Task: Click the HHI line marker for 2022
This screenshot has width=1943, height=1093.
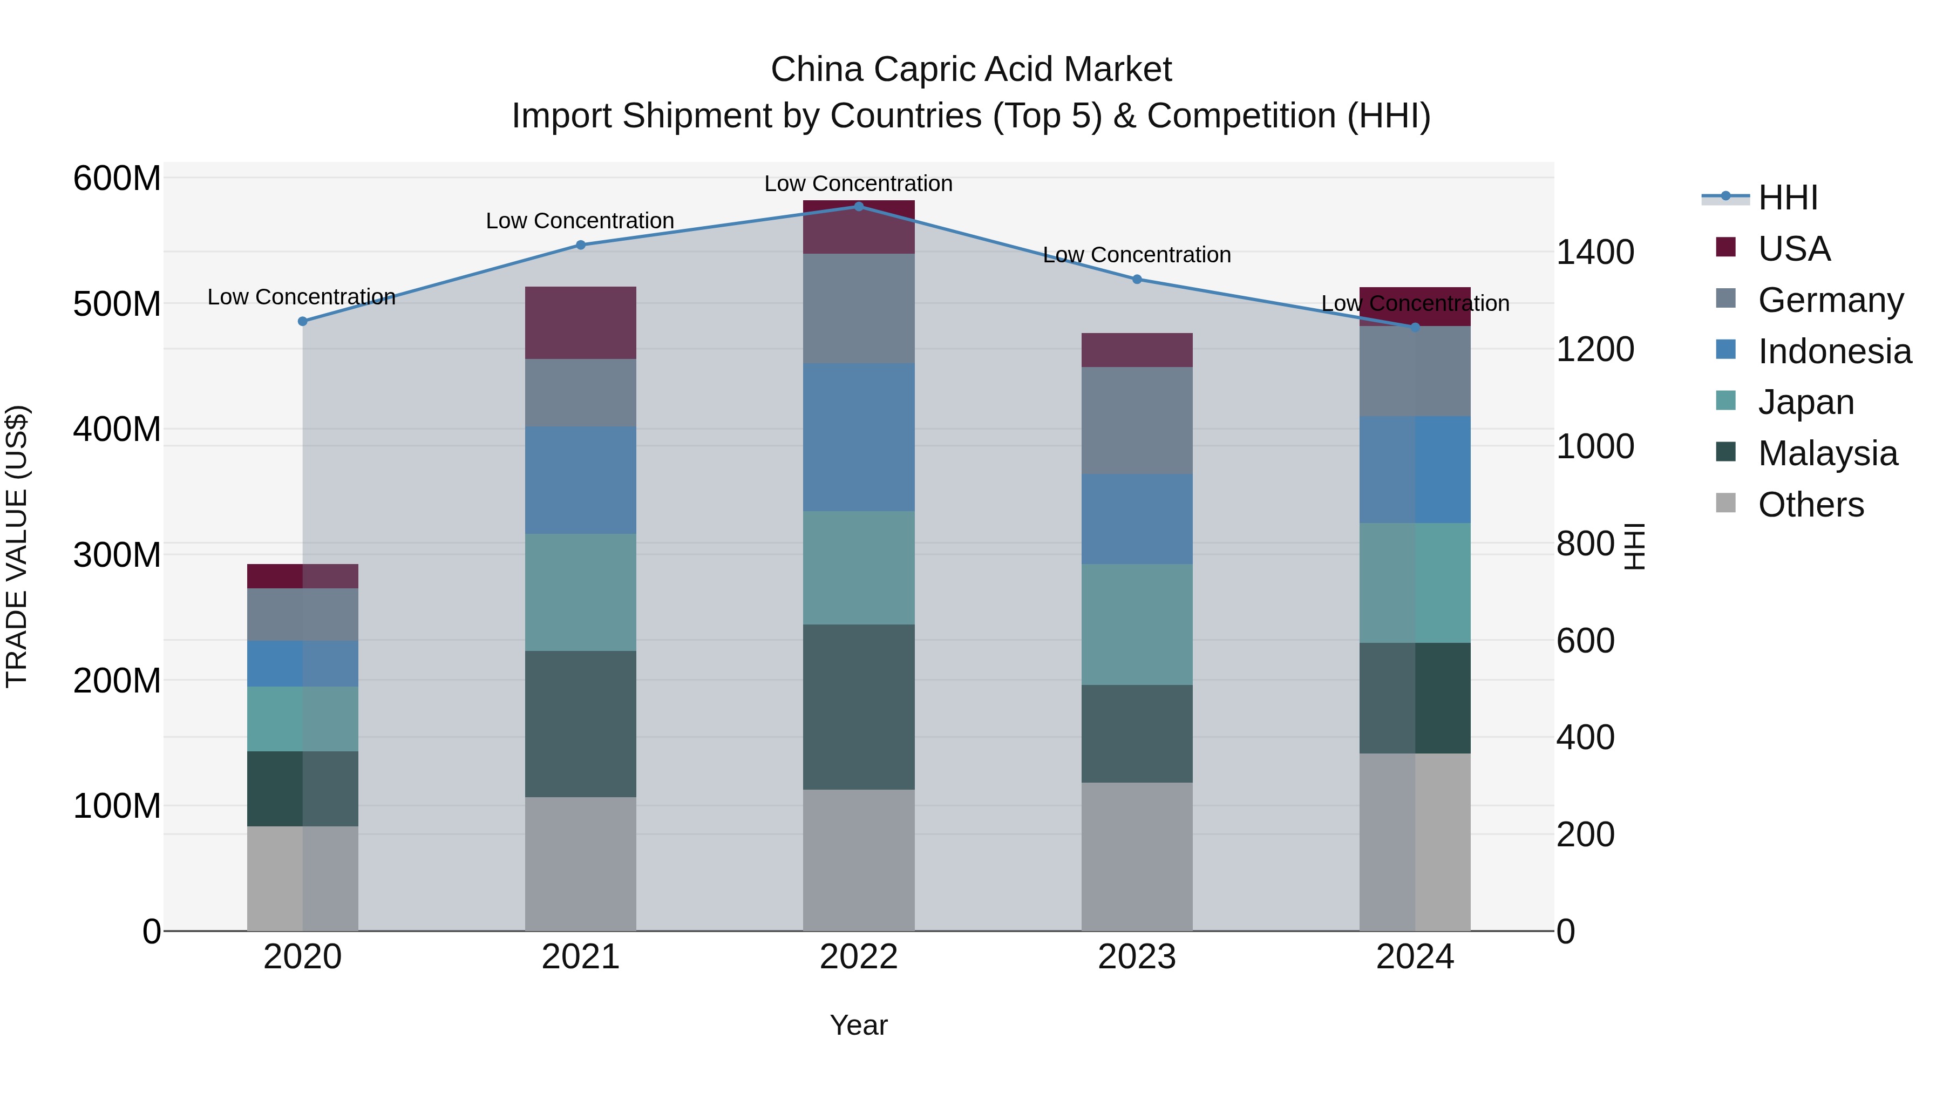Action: (x=858, y=206)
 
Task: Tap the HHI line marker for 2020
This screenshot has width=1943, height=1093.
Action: (x=302, y=321)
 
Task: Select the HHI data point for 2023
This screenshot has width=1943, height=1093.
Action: (x=1137, y=279)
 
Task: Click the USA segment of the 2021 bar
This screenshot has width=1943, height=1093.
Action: (x=580, y=323)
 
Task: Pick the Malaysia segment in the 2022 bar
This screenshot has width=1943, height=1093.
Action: (x=858, y=707)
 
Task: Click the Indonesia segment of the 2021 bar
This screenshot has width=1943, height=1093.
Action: (x=580, y=480)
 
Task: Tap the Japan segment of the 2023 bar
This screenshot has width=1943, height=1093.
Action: (x=1137, y=624)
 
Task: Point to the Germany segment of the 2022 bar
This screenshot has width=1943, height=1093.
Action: (x=858, y=309)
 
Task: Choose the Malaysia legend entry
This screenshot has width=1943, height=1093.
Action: (x=1827, y=453)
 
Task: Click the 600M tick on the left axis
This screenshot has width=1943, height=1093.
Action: (x=117, y=179)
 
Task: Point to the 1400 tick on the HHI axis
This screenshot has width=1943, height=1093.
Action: (x=1594, y=252)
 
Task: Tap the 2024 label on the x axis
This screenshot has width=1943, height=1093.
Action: (x=1414, y=957)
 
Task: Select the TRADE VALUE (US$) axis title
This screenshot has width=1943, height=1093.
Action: (x=17, y=546)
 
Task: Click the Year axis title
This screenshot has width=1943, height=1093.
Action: (x=858, y=1025)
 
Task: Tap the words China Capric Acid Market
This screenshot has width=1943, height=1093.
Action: (x=971, y=70)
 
